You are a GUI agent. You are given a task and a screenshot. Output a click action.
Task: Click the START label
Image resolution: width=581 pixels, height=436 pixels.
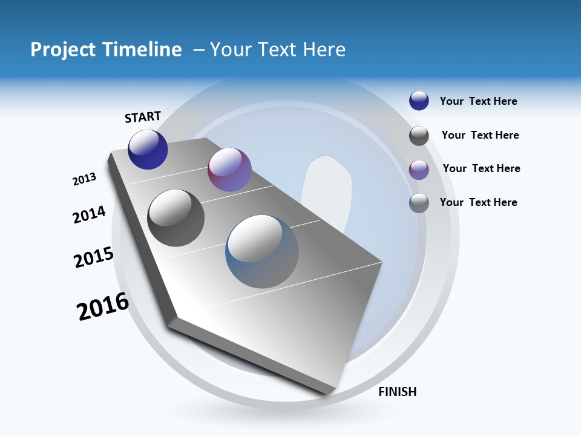tap(143, 117)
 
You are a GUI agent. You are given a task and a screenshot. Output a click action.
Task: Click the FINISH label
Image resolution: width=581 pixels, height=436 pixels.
tap(397, 392)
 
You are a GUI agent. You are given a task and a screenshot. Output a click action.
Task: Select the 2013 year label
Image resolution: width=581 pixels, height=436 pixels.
tap(84, 179)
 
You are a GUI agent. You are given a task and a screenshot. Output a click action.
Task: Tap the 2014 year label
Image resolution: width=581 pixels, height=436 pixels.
tap(89, 215)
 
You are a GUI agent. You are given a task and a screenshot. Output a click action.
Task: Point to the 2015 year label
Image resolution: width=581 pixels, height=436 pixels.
tap(94, 257)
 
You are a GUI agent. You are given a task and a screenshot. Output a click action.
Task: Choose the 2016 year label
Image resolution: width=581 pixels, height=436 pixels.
tap(103, 306)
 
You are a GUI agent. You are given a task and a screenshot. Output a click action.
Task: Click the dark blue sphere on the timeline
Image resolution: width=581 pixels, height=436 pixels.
tap(148, 150)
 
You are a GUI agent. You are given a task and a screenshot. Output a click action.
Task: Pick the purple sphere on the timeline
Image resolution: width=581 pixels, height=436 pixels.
tap(229, 170)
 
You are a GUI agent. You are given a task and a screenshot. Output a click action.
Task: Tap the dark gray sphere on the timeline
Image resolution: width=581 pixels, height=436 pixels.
tap(176, 218)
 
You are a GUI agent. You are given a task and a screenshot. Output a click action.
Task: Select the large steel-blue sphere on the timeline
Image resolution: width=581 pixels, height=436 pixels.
tap(262, 251)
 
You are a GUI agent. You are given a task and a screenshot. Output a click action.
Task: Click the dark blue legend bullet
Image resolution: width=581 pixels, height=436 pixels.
tap(419, 101)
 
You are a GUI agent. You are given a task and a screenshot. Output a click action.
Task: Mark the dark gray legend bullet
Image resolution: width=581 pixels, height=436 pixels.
tap(419, 136)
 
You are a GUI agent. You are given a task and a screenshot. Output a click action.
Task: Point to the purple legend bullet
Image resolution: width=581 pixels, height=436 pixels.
tap(419, 170)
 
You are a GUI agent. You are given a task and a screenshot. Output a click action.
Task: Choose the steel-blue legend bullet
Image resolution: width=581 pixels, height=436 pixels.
tap(419, 203)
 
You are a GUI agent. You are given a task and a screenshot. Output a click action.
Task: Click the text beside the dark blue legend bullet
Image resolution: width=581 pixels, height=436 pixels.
tap(478, 101)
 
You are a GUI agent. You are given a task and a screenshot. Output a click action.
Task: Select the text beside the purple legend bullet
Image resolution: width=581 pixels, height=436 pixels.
tap(481, 168)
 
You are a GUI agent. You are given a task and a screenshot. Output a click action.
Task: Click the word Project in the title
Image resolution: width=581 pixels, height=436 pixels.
tap(62, 50)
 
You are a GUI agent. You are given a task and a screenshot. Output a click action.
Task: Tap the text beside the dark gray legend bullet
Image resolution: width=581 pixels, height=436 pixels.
tap(480, 135)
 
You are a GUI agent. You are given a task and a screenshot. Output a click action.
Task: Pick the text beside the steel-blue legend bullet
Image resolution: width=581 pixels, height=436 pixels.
tap(478, 202)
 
